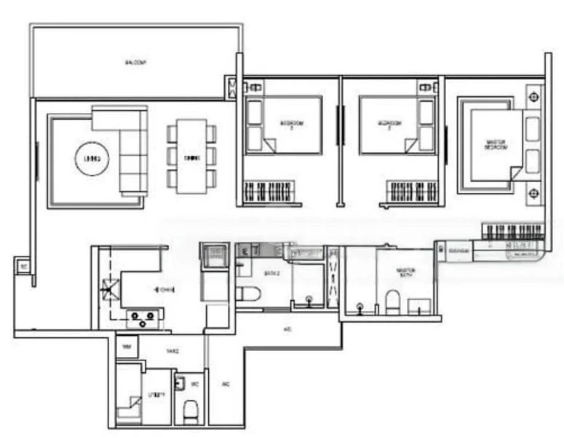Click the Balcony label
point(135,63)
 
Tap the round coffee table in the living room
point(92,157)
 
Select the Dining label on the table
point(191,157)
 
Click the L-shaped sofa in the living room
point(127,146)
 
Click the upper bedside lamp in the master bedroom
point(534,96)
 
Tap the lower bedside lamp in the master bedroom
point(534,193)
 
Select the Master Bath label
point(405,272)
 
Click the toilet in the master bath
point(392,302)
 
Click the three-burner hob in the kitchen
point(144,316)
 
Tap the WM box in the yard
point(127,346)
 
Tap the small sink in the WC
point(179,382)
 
